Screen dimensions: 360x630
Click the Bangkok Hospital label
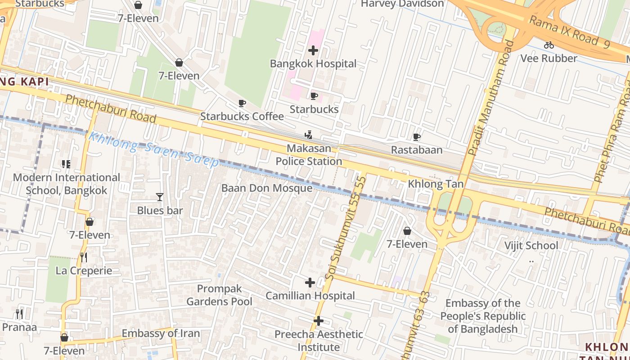pos(313,63)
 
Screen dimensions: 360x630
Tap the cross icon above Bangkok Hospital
pos(313,50)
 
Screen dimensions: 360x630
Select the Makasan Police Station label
pos(309,155)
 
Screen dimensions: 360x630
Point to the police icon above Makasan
pos(308,135)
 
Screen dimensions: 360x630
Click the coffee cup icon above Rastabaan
pos(417,137)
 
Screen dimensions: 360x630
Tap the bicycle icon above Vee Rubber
pos(549,45)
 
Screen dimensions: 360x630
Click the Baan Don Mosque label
pos(266,188)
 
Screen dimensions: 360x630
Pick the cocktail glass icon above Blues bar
pos(159,197)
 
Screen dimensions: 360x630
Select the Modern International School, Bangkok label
pos(67,184)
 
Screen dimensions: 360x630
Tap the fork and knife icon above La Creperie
pos(83,257)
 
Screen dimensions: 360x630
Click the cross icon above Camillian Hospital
pos(310,283)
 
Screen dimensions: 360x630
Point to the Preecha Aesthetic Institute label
pos(319,341)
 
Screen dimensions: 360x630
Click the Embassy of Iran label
pos(161,333)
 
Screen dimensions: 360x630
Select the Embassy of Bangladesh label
pos(483,316)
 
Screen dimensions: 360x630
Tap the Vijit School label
pos(531,245)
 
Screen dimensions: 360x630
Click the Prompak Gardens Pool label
pos(220,295)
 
